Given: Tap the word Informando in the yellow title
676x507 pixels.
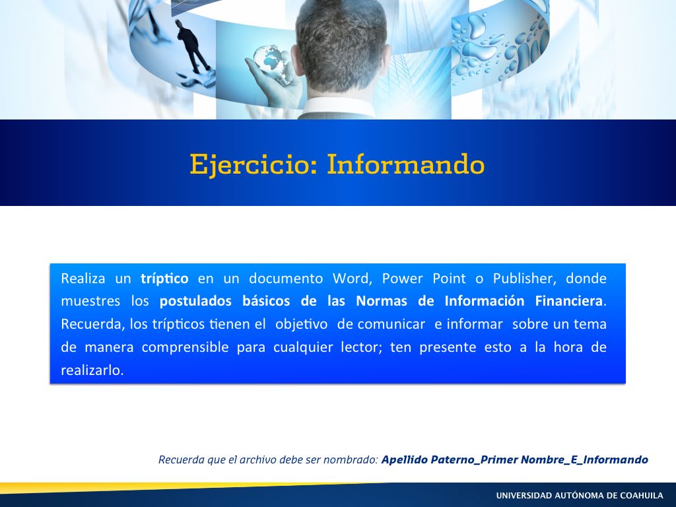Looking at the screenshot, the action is click(406, 164).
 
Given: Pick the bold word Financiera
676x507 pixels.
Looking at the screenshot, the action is click(568, 301).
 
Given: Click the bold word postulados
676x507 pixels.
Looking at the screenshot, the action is click(195, 301).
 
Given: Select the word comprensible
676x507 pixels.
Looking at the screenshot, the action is click(185, 347).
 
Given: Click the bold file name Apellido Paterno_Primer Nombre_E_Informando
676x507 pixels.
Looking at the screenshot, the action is click(515, 459).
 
